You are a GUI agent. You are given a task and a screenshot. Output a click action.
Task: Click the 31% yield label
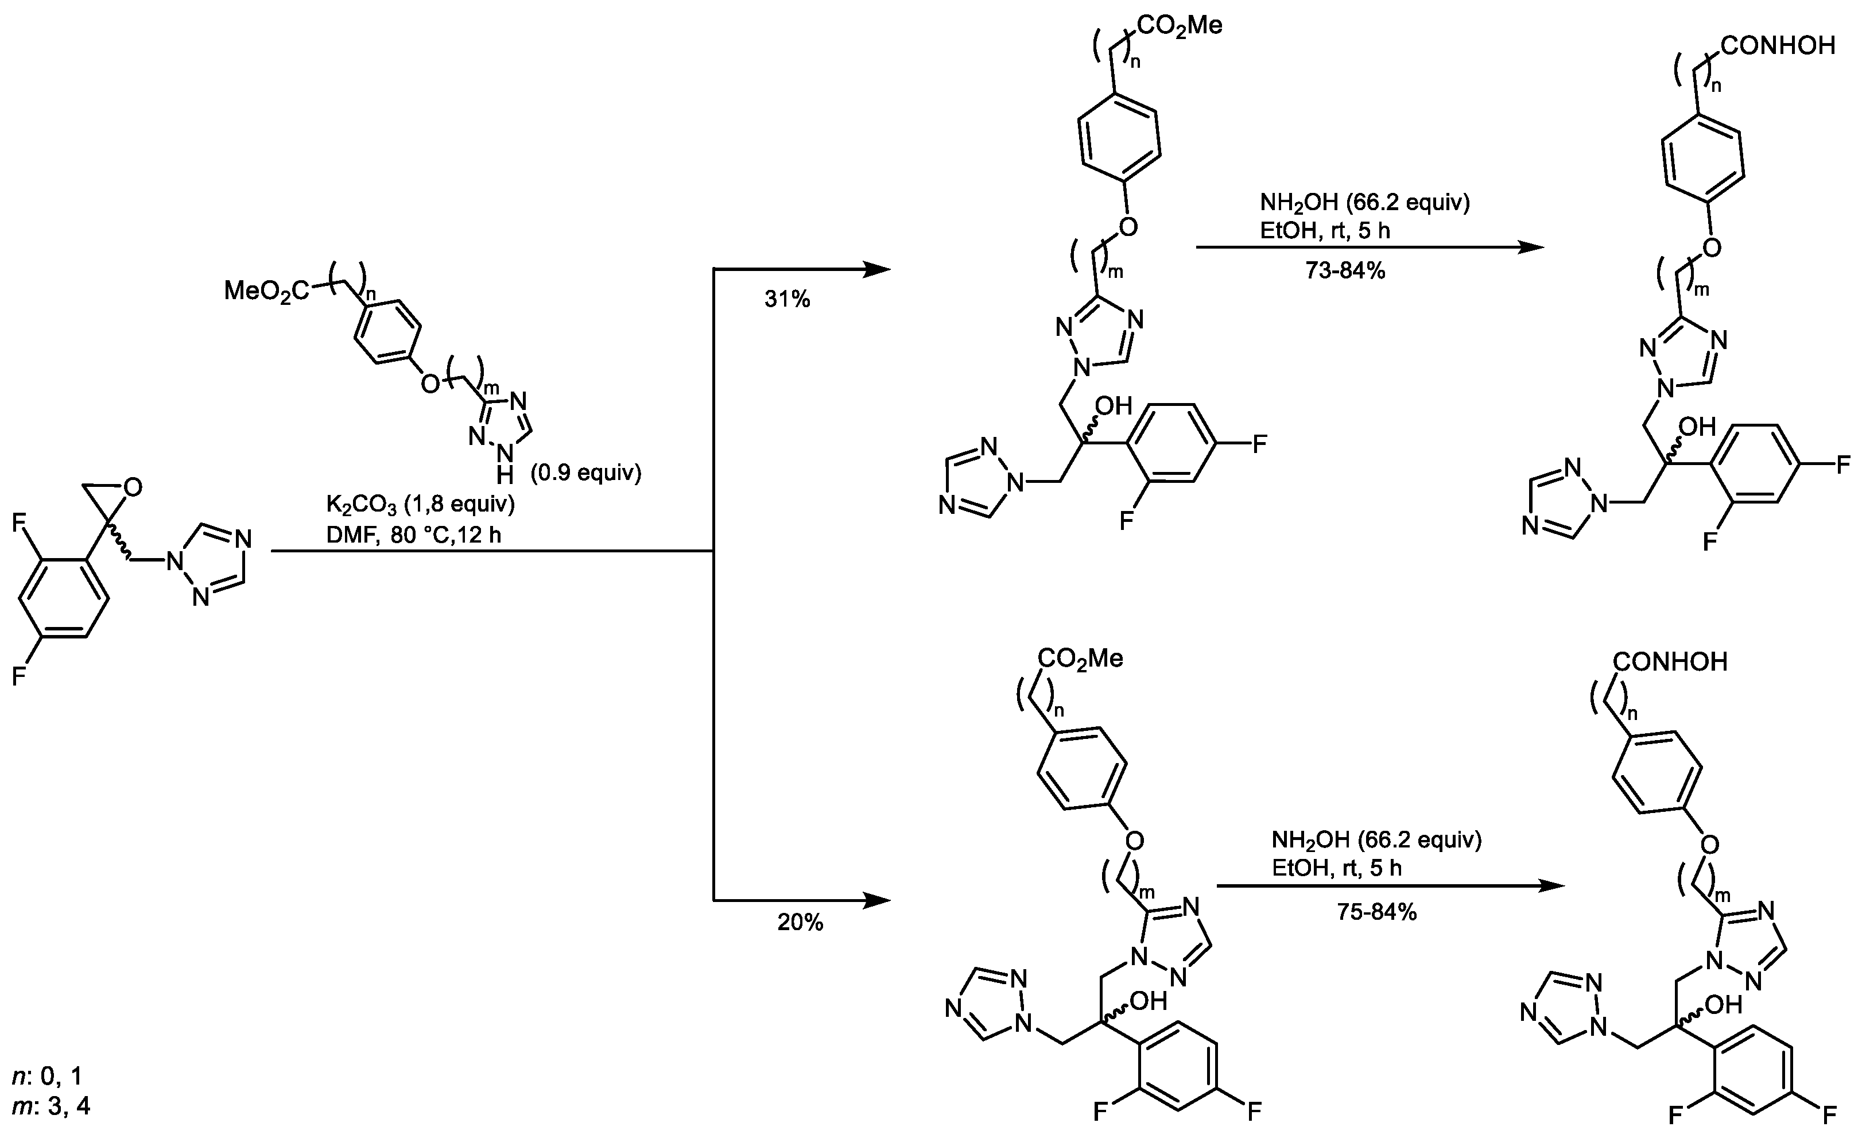point(787,300)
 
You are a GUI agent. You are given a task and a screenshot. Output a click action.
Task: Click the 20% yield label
point(800,923)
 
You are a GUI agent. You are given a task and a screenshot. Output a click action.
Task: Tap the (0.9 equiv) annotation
point(585,473)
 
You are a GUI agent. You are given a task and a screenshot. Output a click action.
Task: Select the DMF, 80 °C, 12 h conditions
point(413,535)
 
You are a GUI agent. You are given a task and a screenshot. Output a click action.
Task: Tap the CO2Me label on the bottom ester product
point(1080,659)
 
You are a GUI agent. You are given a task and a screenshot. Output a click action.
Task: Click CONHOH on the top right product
point(1778,46)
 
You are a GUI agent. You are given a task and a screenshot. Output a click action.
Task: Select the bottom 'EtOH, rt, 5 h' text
point(1337,868)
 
